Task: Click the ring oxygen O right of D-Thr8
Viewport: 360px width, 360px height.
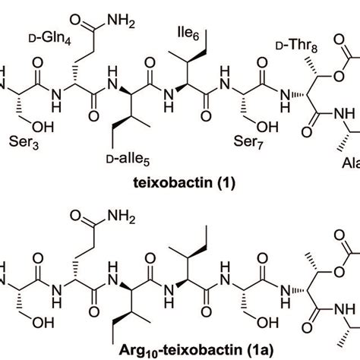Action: click(339, 76)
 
